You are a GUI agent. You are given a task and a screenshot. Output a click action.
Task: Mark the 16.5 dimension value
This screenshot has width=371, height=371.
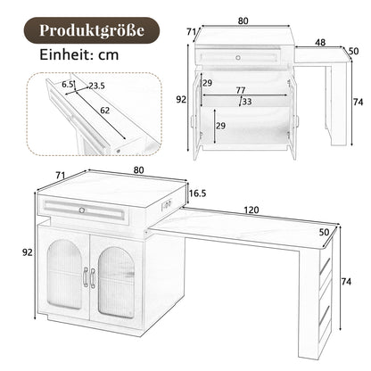198,192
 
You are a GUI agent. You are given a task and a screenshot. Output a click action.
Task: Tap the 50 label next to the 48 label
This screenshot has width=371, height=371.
353,51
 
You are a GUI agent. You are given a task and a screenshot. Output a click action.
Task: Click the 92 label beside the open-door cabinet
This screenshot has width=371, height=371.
182,100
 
